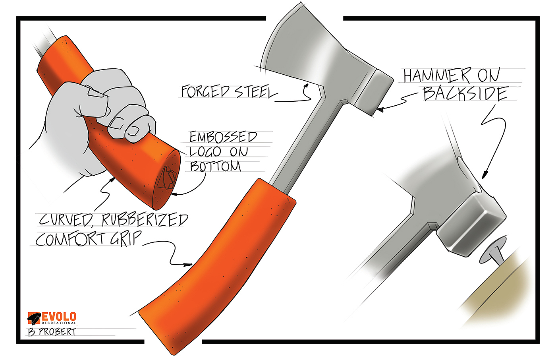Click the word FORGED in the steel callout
pos(205,92)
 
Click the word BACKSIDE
pos(465,94)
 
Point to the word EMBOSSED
pos(223,137)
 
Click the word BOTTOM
pos(216,166)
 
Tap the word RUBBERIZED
pos(145,220)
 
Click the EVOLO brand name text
pos(59,317)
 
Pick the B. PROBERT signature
pos(52,332)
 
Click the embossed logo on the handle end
pos(167,179)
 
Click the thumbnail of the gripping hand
pos(95,93)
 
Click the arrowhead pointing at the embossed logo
pos(173,194)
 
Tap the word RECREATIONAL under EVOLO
pos(59,323)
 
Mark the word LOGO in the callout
pos(205,152)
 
